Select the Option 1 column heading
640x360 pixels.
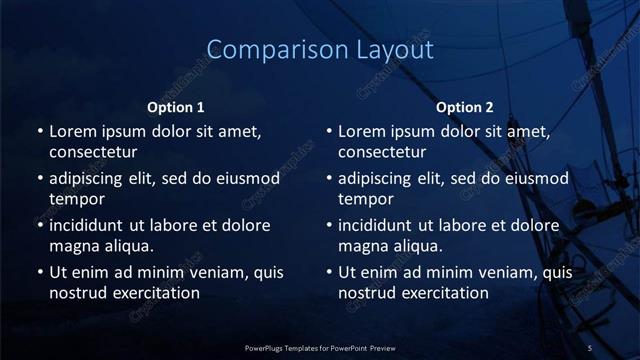[x=176, y=107]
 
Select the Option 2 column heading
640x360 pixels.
[x=465, y=107]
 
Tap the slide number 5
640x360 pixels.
[x=590, y=347]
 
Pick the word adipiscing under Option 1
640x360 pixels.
[x=90, y=179]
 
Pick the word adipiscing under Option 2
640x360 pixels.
[x=379, y=179]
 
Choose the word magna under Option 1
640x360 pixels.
[x=72, y=245]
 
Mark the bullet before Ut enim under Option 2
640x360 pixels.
[x=328, y=272]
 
